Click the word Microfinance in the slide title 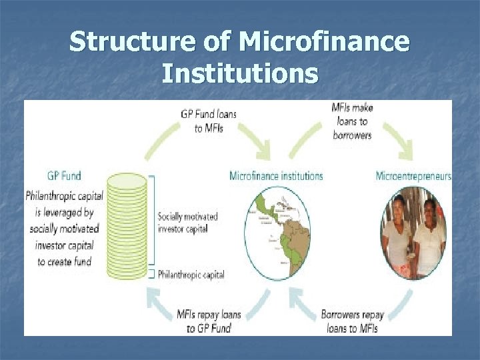[324, 42]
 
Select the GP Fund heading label [64, 176]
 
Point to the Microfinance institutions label [276, 176]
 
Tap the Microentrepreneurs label [413, 176]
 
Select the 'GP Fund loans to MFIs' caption [209, 121]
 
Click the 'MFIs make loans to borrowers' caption [352, 121]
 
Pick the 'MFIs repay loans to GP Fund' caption [209, 320]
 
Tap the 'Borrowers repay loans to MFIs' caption [352, 320]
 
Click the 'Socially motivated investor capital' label [188, 223]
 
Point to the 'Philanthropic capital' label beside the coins [191, 275]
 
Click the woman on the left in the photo [399, 235]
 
